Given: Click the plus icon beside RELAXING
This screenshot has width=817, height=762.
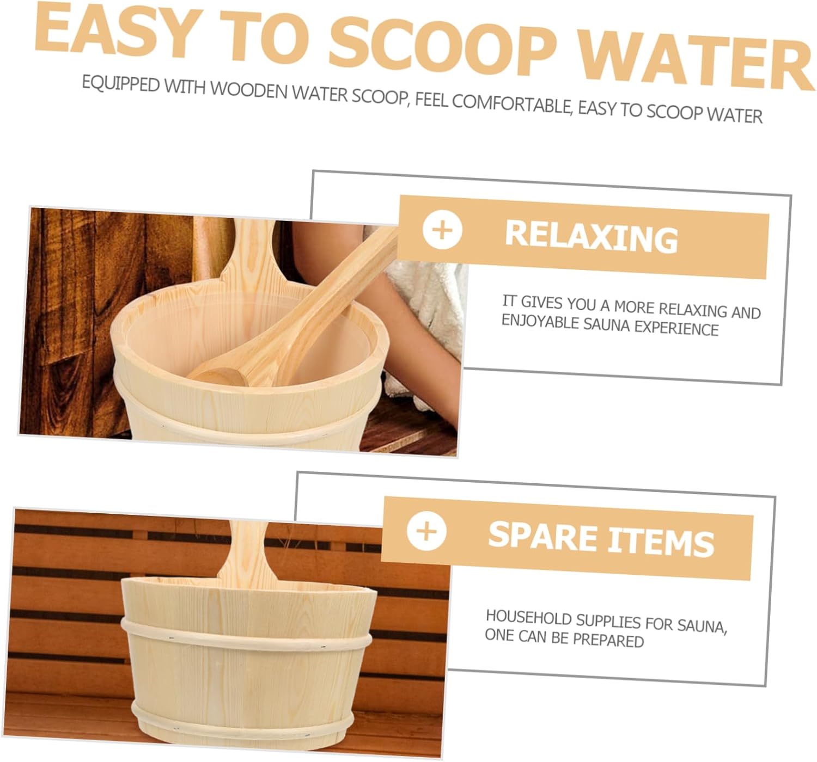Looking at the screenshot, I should [x=442, y=230].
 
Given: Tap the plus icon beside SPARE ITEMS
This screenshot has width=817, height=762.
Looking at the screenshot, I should [x=426, y=530].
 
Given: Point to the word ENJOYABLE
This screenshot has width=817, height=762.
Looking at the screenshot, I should [x=540, y=321].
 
